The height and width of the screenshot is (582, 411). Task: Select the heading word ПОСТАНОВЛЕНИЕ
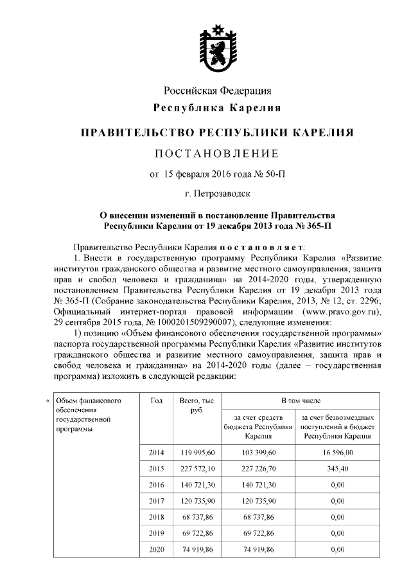[216, 154]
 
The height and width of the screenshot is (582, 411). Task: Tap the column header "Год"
[156, 401]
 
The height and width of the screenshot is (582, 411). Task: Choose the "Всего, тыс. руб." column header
[192, 406]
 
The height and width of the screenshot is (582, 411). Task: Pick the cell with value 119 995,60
[192, 453]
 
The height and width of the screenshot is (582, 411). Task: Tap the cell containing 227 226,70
[259, 469]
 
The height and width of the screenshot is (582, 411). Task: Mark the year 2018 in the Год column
[156, 517]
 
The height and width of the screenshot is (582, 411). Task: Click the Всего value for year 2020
[192, 550]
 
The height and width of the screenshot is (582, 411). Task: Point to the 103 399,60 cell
[259, 453]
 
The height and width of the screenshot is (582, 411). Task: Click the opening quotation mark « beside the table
[48, 403]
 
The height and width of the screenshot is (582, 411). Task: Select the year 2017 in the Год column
[156, 501]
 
